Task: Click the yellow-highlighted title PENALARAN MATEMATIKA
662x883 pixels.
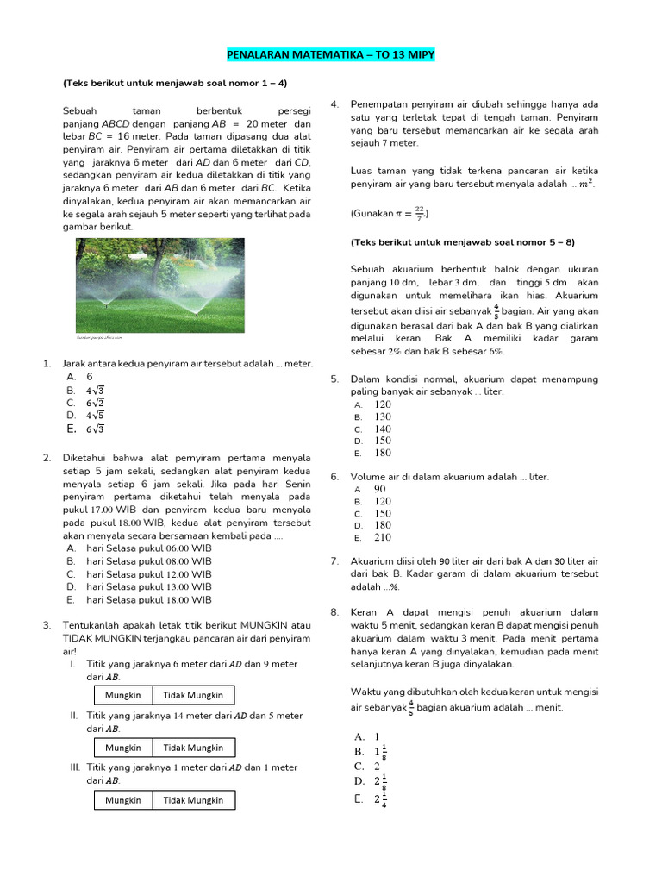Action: [330, 55]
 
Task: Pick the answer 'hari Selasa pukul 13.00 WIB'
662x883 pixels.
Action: [148, 586]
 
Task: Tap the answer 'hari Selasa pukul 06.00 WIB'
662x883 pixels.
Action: [148, 548]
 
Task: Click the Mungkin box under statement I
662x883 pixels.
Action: [123, 695]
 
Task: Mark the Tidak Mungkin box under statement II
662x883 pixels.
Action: [193, 748]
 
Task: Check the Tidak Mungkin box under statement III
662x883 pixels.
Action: [193, 799]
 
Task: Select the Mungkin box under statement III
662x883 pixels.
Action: [123, 799]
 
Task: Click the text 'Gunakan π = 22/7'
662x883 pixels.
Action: [390, 212]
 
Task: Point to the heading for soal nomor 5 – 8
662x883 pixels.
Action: [462, 242]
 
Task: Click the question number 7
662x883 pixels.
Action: [334, 561]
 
